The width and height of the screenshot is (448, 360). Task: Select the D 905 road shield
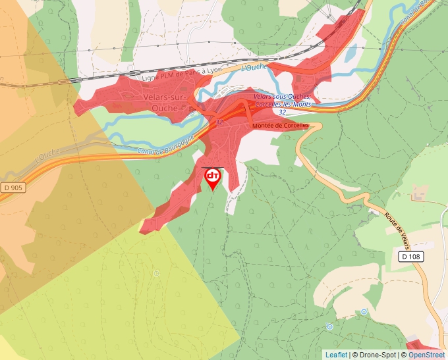[11, 188]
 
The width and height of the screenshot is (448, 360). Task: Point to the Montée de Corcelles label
[280, 125]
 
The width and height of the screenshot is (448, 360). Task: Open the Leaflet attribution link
[336, 355]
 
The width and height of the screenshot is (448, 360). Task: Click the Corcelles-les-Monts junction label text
[281, 105]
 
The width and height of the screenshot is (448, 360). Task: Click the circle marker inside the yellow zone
[157, 273]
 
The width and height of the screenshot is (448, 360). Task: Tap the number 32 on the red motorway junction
[219, 122]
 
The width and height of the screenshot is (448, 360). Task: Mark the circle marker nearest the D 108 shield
[364, 311]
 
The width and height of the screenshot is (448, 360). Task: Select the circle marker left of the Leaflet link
[329, 326]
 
